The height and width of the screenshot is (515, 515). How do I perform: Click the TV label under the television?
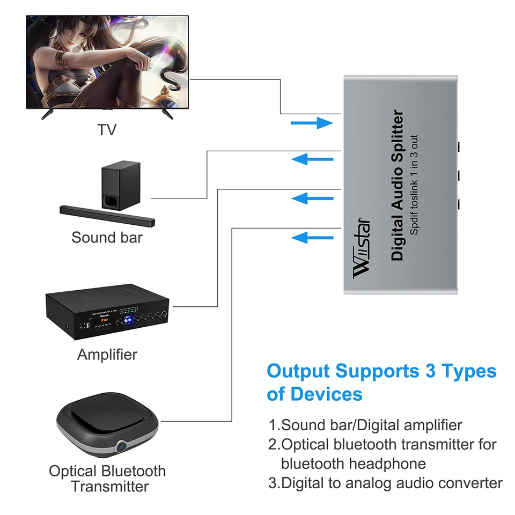point(107,129)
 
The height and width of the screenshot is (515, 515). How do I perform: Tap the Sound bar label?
point(107,237)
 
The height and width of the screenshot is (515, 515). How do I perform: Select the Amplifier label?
point(107,354)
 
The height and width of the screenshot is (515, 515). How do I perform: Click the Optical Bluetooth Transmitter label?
point(107,479)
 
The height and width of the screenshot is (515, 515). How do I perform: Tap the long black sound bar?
point(107,216)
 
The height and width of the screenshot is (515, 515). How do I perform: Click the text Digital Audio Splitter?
point(397,186)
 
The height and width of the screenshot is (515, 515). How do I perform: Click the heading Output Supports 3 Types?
point(381,371)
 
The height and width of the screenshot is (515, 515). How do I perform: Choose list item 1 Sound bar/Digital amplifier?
point(365,425)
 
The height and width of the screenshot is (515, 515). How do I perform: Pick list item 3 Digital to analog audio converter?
point(386,483)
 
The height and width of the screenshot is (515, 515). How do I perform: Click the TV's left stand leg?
point(47,114)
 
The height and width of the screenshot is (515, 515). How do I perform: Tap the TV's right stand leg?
point(167,114)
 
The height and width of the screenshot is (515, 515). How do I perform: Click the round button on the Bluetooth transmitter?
point(123,445)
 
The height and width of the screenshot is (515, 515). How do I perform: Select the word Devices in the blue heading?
point(327,394)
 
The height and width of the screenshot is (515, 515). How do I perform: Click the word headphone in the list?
point(387,464)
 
